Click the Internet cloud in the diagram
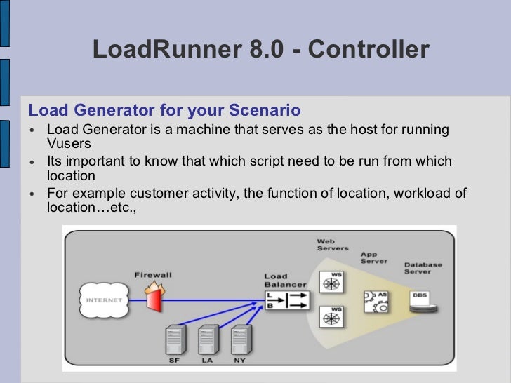click(x=103, y=300)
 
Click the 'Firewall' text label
click(x=153, y=274)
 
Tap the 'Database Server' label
click(x=423, y=268)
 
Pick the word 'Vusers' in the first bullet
click(x=69, y=144)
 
